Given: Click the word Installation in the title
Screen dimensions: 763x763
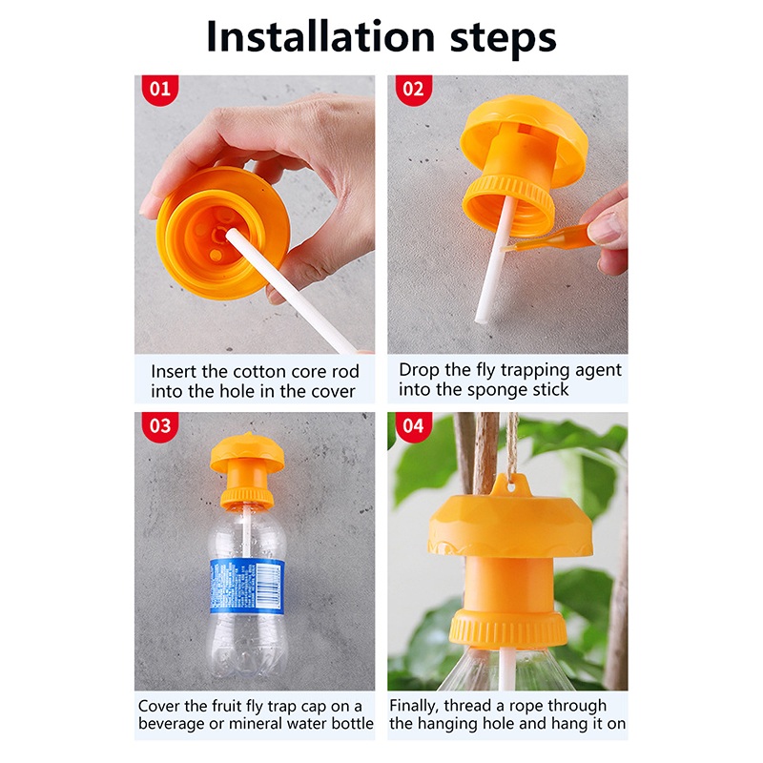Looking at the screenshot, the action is (320, 37).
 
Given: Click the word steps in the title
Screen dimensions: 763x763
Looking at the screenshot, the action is (504, 40).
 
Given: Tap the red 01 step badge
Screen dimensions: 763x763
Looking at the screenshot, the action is (160, 89).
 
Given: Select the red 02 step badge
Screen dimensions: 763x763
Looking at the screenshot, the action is (414, 89).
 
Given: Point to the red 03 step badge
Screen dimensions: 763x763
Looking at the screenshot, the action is (160, 426).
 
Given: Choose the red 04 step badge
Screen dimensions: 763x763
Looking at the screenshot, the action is (414, 426).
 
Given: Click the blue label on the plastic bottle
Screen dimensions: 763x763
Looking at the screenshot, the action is (247, 586).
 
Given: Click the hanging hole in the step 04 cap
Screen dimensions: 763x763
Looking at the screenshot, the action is (510, 485).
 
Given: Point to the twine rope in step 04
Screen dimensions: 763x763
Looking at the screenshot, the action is (511, 445).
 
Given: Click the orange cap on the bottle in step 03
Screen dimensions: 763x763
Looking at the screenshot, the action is (247, 470).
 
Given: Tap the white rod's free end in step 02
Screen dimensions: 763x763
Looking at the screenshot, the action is (481, 319).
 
